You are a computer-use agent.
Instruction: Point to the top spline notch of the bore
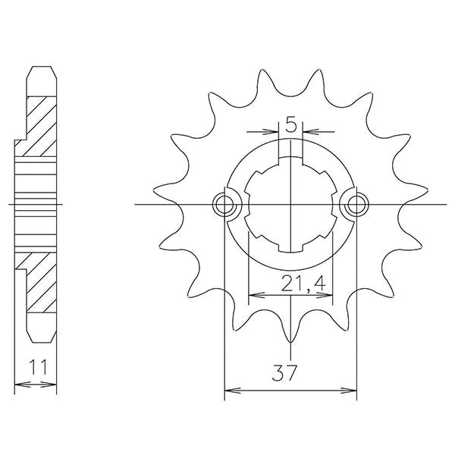pyautogui.click(x=290, y=161)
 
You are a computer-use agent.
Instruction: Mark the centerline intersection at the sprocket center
pyautogui.click(x=290, y=204)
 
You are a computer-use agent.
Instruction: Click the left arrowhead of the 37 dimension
pyautogui.click(x=228, y=392)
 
